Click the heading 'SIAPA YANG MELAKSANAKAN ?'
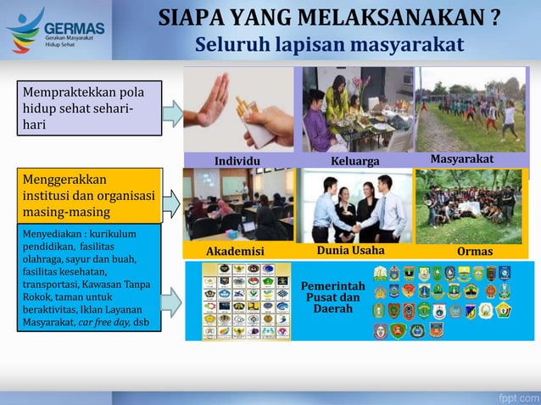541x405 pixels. coord(329,18)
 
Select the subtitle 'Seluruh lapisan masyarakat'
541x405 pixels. coord(329,44)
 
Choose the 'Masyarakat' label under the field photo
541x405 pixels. coord(462,159)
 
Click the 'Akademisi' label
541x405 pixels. coord(236,252)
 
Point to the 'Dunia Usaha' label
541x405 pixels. coord(350,251)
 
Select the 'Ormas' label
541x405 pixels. coord(474,252)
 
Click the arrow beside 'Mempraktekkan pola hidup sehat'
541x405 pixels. coord(173,113)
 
